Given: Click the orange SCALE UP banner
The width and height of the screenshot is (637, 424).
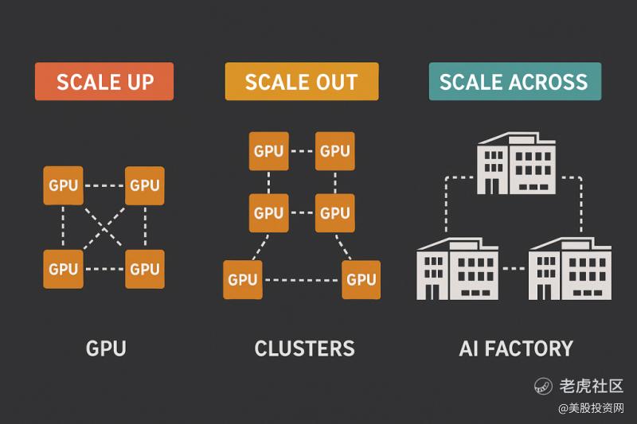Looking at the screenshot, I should point(104,82).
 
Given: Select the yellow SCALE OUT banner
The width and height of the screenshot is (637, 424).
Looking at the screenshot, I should point(301,82).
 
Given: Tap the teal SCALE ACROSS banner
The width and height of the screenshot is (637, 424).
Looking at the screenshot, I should point(514,82).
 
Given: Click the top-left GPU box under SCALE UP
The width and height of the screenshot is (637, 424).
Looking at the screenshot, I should point(63,186).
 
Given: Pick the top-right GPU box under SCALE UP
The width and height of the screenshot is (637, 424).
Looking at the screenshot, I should point(144,186).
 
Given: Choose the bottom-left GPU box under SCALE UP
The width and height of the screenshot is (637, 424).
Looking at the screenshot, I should point(63,269).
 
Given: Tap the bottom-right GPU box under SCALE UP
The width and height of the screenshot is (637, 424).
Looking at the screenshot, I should point(144,269).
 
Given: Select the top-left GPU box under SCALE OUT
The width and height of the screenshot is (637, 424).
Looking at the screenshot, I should point(268,151).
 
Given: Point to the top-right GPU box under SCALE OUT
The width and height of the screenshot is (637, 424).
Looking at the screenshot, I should point(335,151).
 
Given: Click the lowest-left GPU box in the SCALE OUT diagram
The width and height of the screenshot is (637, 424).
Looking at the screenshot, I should point(243,279).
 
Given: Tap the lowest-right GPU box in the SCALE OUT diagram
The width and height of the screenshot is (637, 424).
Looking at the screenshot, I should point(361,279).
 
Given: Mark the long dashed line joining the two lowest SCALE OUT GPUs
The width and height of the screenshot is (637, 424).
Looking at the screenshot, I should point(302,279).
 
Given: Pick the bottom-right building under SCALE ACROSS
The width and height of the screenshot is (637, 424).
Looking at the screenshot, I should point(569,267).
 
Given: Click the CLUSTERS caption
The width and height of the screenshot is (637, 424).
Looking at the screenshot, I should point(304,348).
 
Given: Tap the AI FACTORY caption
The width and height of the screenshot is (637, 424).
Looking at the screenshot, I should point(515,348).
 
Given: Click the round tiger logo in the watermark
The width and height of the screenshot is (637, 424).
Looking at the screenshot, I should point(543,387).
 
